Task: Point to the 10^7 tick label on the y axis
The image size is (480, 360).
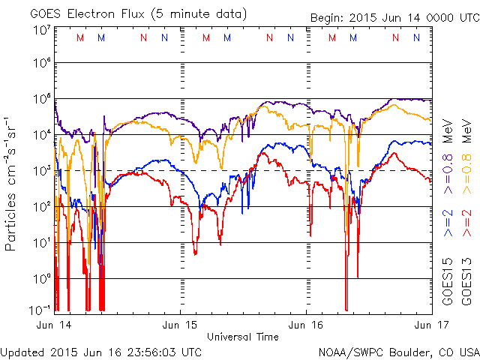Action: (x=42, y=30)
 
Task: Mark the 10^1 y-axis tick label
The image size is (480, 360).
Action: (x=42, y=241)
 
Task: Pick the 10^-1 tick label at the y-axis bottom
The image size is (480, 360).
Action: (x=41, y=308)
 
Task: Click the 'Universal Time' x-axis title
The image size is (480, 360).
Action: (x=243, y=337)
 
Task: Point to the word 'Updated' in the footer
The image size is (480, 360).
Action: (x=21, y=352)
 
